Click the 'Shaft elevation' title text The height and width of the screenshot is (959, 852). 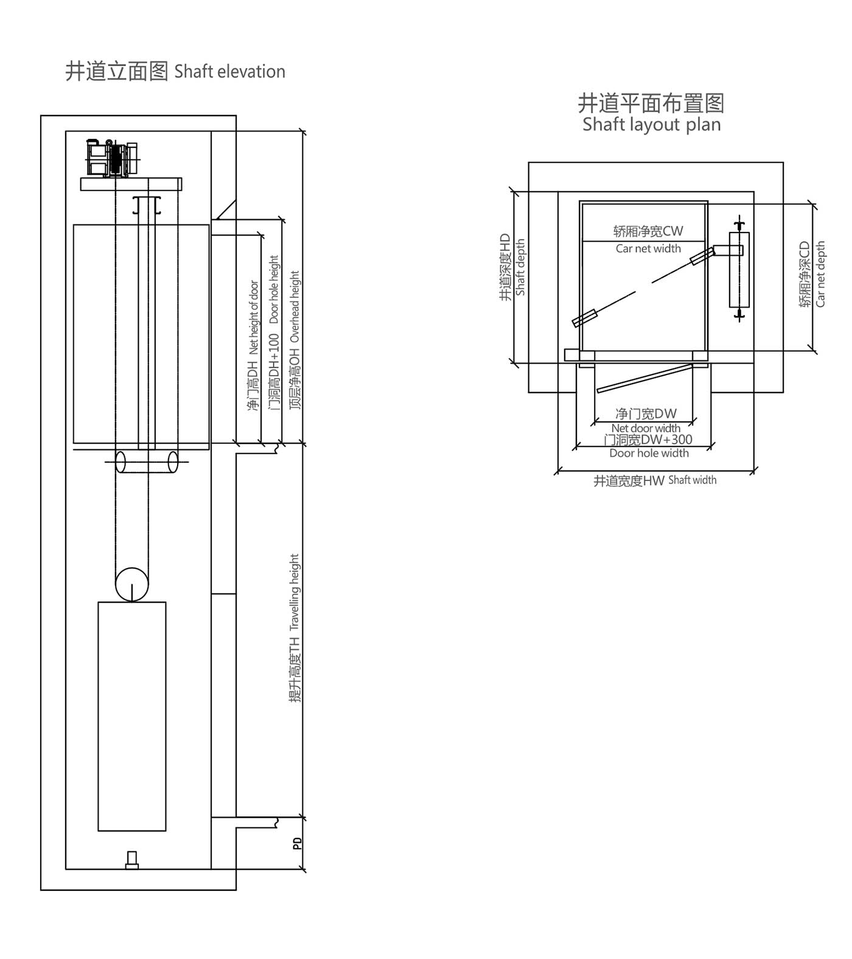click(175, 72)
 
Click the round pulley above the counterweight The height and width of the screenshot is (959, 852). click(132, 585)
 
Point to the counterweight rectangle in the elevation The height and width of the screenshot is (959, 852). click(132, 716)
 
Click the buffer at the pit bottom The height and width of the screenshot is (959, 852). click(131, 860)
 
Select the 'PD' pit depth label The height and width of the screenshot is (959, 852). click(297, 844)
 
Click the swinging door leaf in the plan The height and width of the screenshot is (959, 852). click(644, 378)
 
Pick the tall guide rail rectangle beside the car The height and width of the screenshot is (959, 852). click(739, 269)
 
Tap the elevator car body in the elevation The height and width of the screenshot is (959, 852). click(141, 334)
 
